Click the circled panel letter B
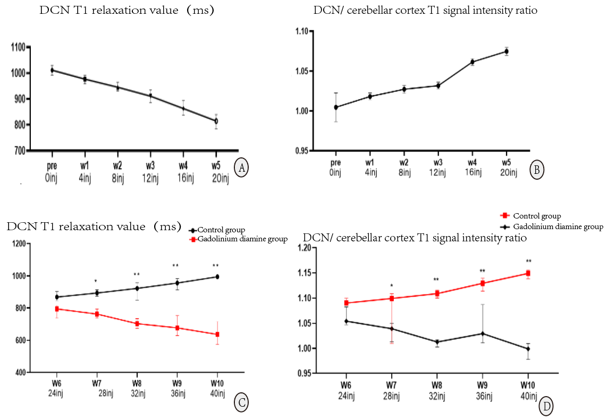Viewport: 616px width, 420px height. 537,170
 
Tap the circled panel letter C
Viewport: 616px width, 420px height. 241,404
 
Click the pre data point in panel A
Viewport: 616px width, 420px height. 52,70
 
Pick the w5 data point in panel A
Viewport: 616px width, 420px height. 216,121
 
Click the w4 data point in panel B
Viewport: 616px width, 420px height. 472,62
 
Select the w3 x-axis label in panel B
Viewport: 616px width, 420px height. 438,162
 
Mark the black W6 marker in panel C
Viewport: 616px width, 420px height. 56,297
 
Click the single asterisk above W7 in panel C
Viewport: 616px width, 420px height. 96,281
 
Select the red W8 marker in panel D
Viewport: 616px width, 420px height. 437,293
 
